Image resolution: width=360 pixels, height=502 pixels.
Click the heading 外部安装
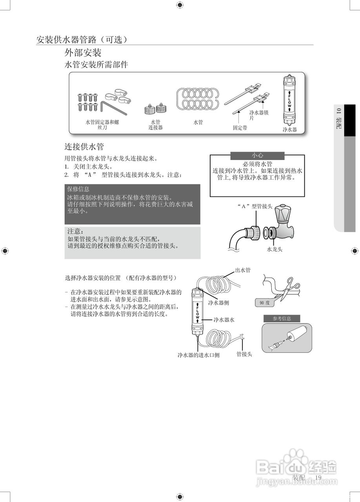[83, 53]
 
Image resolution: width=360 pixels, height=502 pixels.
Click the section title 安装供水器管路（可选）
[82, 40]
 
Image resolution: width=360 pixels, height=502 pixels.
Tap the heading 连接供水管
[84, 147]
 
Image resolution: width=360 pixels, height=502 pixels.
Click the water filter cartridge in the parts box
[289, 101]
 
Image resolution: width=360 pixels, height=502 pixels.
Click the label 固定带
[240, 128]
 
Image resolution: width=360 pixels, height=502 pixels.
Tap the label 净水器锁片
[259, 115]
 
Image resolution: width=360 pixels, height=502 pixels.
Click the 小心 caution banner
[257, 156]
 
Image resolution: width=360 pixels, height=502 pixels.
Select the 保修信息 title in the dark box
[78, 189]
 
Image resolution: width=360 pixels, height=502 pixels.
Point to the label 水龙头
[275, 249]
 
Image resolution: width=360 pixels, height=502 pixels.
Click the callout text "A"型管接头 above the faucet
[255, 206]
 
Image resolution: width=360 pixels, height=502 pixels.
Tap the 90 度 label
[265, 303]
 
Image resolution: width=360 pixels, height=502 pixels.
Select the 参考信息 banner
[282, 318]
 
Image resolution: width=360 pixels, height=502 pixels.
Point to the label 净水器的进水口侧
[198, 355]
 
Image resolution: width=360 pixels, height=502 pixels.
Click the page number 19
[318, 477]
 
